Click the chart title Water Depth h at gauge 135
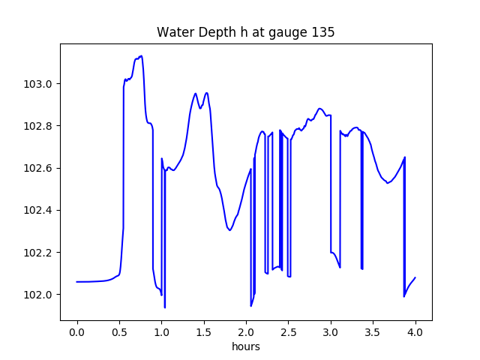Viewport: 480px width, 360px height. pos(245,32)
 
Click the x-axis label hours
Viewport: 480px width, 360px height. pos(245,347)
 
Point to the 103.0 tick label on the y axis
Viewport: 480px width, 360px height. pos(39,83)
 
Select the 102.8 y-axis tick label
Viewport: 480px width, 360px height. pos(39,125)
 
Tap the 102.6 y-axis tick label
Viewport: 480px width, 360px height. pos(39,168)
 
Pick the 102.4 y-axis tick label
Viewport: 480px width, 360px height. pos(39,210)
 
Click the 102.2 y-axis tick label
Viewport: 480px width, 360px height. pos(39,252)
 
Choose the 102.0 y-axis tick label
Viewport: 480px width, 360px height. pos(39,295)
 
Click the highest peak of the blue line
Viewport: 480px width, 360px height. pos(141,55)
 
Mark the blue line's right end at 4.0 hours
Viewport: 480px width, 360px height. pos(415,277)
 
